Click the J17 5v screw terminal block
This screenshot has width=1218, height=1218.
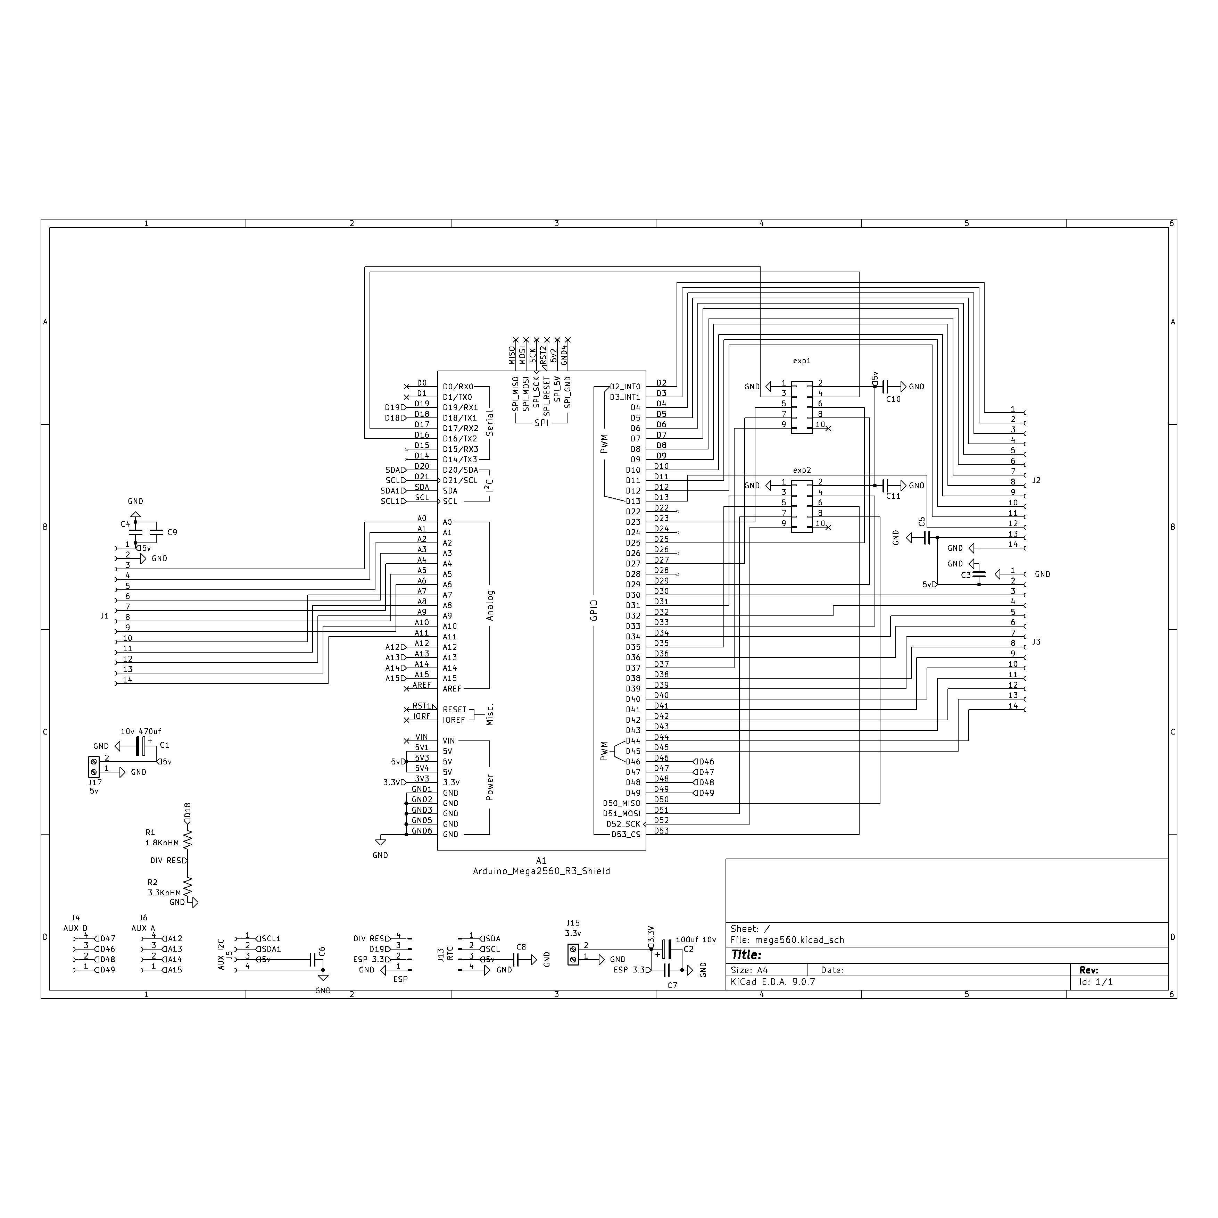coord(94,767)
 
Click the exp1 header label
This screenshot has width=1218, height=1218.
coord(802,361)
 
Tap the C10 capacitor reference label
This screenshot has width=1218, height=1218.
coord(893,399)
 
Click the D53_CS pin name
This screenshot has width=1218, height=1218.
coord(625,835)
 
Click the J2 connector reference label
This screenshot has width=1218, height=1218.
coord(1036,480)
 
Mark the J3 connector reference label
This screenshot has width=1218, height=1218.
coord(1036,642)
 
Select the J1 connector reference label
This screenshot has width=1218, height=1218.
coord(105,616)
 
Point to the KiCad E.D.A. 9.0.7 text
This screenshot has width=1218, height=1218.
coord(772,981)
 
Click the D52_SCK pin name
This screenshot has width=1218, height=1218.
coord(623,824)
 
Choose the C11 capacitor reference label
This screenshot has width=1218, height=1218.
coord(893,496)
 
